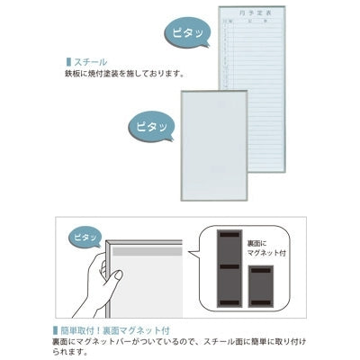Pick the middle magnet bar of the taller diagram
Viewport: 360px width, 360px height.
230,269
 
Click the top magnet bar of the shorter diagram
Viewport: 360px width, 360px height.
261,272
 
